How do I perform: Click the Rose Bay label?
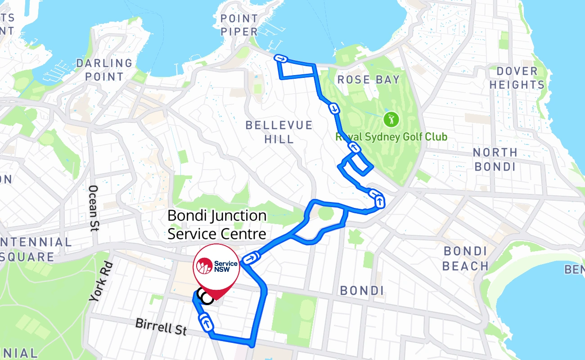pyautogui.click(x=368, y=80)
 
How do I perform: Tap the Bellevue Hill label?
pyautogui.click(x=279, y=132)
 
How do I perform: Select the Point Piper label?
pyautogui.click(x=239, y=25)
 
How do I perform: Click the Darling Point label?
pyautogui.click(x=104, y=70)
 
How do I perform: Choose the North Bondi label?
pyautogui.click(x=495, y=159)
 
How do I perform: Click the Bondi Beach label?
pyautogui.click(x=465, y=258)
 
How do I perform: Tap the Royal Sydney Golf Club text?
pyautogui.click(x=391, y=137)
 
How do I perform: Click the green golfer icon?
pyautogui.click(x=391, y=119)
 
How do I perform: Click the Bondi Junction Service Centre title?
pyautogui.click(x=217, y=225)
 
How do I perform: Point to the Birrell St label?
pyautogui.click(x=161, y=327)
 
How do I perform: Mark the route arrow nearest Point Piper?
pyautogui.click(x=281, y=58)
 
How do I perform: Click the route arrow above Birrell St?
pyautogui.click(x=207, y=324)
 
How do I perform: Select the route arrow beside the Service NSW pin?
pyautogui.click(x=251, y=258)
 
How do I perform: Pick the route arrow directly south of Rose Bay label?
pyautogui.click(x=333, y=108)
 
